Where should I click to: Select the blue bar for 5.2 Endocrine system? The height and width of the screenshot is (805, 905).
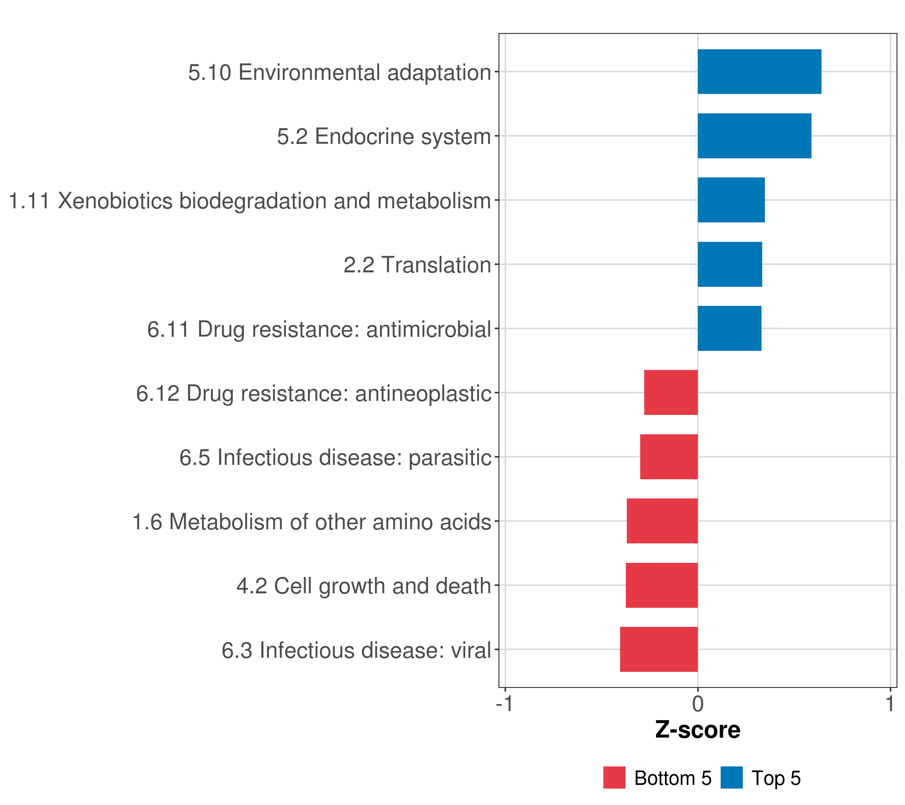click(755, 136)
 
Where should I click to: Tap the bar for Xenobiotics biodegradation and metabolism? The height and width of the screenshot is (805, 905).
click(731, 200)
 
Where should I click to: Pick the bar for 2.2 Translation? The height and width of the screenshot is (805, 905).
click(730, 265)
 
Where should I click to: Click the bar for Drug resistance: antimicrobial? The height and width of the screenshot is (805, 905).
click(730, 328)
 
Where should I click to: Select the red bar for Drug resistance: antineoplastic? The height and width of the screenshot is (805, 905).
click(671, 392)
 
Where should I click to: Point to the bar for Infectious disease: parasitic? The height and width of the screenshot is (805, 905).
click(669, 457)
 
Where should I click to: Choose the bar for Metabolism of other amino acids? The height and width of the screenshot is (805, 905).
click(662, 521)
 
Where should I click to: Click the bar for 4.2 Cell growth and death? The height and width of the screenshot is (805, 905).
click(662, 585)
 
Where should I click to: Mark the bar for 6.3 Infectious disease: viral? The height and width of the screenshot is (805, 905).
click(659, 649)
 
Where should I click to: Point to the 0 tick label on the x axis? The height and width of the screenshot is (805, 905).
click(698, 704)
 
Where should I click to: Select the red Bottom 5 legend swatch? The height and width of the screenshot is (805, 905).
click(614, 777)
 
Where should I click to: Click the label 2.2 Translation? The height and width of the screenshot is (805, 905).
click(418, 265)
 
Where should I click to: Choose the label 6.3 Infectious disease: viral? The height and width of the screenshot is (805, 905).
click(356, 650)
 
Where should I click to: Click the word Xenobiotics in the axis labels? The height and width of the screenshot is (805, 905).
click(115, 201)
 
